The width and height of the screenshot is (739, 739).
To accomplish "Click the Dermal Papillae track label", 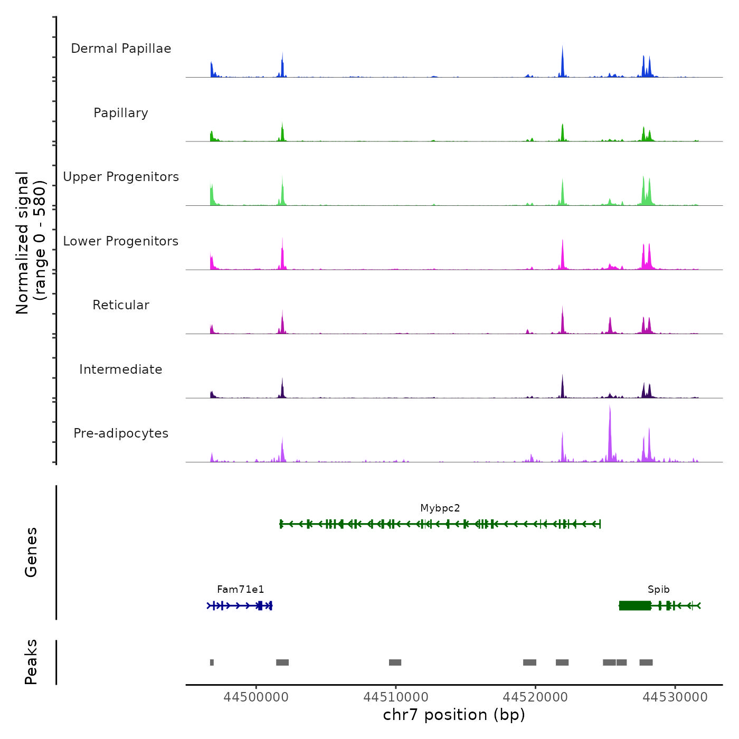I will click(121, 49).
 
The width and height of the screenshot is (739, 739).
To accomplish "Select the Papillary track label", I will click(121, 113).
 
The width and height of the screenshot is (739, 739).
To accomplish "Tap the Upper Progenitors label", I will click(121, 177).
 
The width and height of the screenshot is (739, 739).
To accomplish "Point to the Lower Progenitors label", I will click(121, 241).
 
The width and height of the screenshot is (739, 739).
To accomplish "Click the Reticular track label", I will click(121, 305).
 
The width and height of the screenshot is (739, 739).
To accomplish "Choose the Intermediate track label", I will click(121, 369).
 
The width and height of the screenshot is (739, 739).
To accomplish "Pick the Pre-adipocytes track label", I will click(121, 433).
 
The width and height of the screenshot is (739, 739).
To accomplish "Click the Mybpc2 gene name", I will click(440, 508).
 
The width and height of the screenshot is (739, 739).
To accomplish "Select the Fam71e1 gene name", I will click(240, 590).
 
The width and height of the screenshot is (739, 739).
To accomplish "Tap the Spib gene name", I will click(658, 590).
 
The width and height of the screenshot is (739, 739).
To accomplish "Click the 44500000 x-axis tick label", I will click(256, 697).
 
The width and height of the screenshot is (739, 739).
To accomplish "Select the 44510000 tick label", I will click(395, 697).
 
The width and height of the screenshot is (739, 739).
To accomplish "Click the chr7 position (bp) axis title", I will click(454, 715).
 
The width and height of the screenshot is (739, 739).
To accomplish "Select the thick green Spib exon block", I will click(634, 605).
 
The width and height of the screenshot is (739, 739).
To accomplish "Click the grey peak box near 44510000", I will click(395, 662).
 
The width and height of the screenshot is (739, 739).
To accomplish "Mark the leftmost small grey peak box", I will click(212, 662).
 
